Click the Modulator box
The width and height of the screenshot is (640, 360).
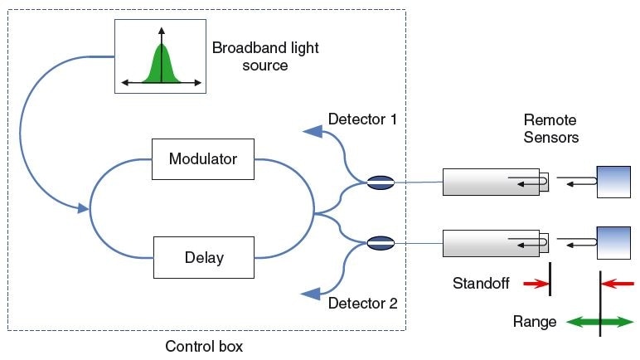(x=203, y=158)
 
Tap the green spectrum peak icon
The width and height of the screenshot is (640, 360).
(x=162, y=62)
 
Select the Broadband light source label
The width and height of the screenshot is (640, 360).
(x=265, y=56)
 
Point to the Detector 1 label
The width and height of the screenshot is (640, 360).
(x=362, y=119)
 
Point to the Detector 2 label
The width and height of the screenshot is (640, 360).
(x=362, y=303)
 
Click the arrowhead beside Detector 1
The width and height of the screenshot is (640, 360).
(x=313, y=130)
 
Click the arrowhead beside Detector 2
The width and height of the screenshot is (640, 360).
(x=313, y=292)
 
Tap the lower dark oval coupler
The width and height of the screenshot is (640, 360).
(x=380, y=243)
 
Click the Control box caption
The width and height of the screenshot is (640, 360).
(x=204, y=345)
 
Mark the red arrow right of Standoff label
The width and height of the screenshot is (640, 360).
(x=536, y=284)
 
